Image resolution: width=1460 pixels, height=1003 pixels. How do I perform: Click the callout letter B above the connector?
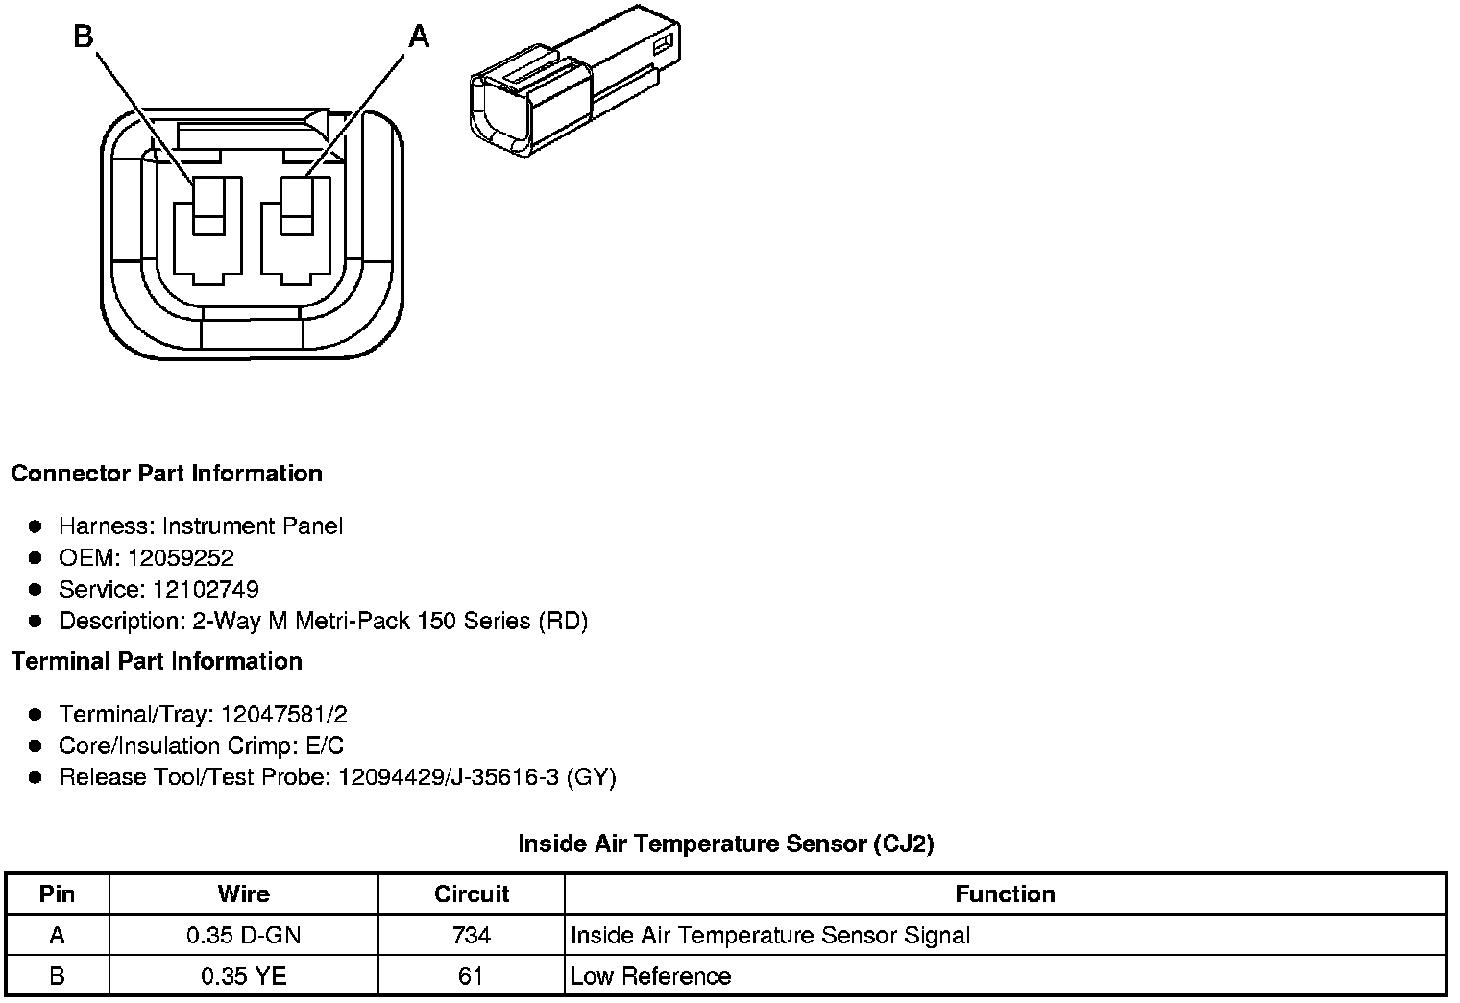(x=84, y=37)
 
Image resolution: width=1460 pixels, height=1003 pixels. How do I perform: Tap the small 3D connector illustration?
(x=574, y=81)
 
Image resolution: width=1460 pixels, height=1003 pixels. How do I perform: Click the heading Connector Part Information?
(x=167, y=473)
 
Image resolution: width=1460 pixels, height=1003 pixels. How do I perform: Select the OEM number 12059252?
(x=181, y=557)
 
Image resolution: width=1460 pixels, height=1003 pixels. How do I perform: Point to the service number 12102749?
(x=206, y=589)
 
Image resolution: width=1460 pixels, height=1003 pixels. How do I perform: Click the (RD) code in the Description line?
(x=563, y=621)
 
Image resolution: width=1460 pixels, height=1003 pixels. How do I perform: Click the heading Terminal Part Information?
(x=158, y=662)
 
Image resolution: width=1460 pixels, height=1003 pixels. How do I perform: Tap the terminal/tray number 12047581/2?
(x=284, y=714)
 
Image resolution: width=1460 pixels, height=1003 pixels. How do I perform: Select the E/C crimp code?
(x=325, y=746)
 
